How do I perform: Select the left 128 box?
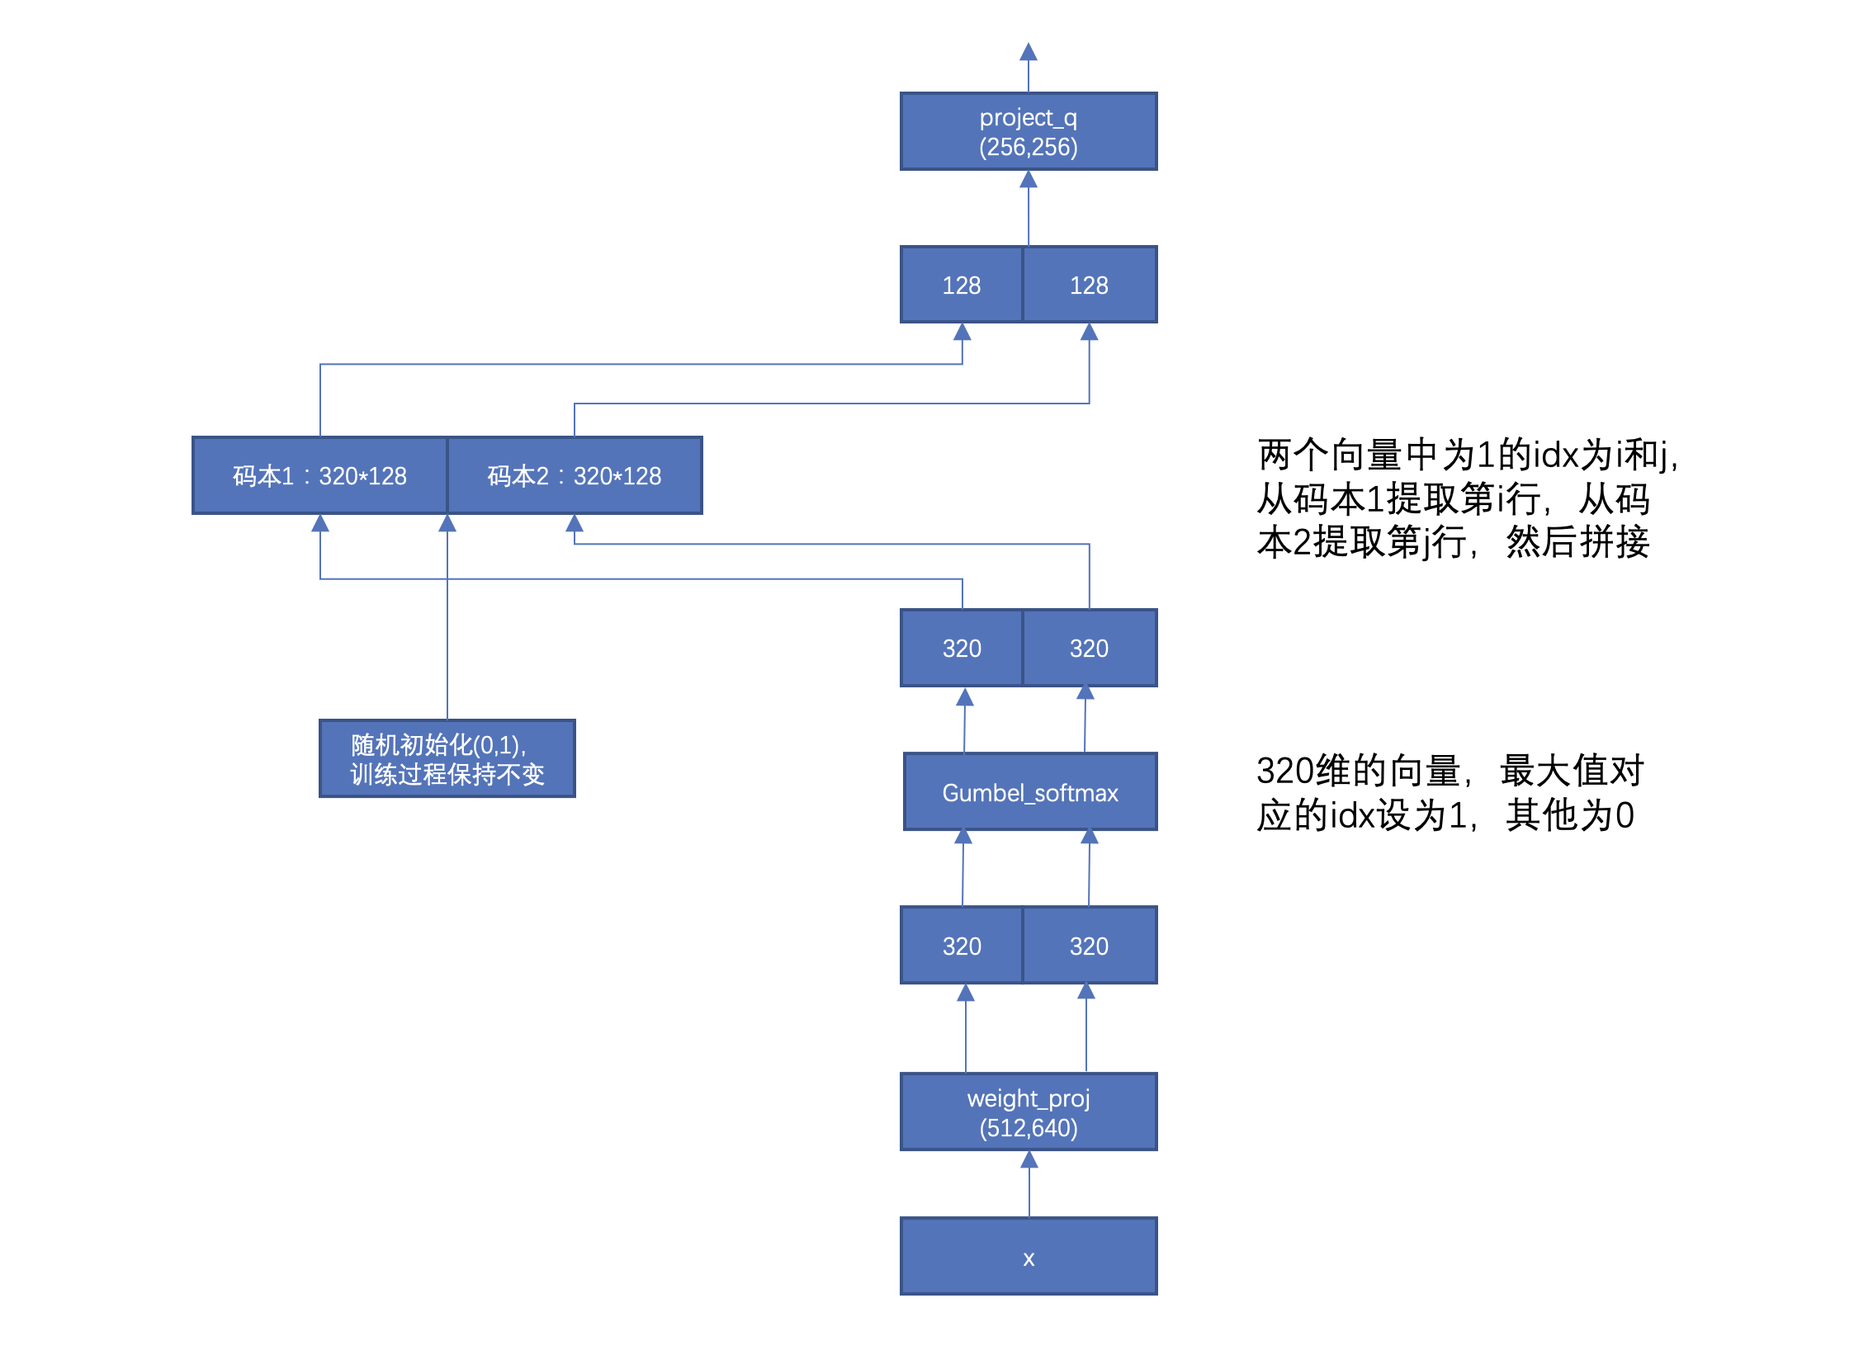pyautogui.click(x=961, y=285)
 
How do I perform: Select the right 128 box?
pyautogui.click(x=1089, y=285)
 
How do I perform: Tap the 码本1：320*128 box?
pyautogui.click(x=319, y=475)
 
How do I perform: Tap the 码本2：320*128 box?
pyautogui.click(x=575, y=475)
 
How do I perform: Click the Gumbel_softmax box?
pyautogui.click(x=1029, y=792)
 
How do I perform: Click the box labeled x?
pyautogui.click(x=1029, y=1256)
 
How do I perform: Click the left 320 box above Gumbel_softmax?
pyautogui.click(x=961, y=648)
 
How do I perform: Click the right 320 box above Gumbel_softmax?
pyautogui.click(x=1089, y=648)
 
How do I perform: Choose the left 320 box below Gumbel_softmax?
pyautogui.click(x=961, y=946)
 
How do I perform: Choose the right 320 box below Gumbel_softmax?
pyautogui.click(x=1089, y=946)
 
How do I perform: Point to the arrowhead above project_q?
pyautogui.click(x=1028, y=52)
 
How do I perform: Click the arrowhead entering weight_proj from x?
pyautogui.click(x=1029, y=1160)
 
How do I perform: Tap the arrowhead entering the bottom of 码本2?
pyautogui.click(x=575, y=524)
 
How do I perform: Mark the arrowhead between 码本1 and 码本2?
pyautogui.click(x=447, y=524)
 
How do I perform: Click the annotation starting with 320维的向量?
pyautogui.click(x=1449, y=792)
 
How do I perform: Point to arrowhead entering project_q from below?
pyautogui.click(x=1028, y=180)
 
